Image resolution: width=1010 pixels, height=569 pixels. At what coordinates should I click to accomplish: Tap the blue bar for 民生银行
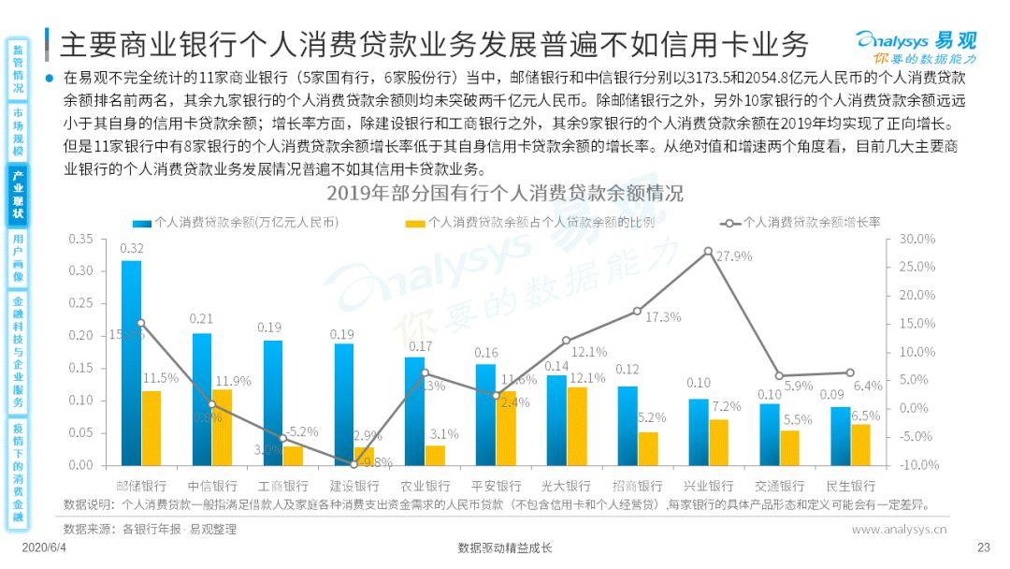pyautogui.click(x=841, y=436)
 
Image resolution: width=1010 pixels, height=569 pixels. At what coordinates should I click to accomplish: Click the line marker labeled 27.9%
pyautogui.click(x=708, y=251)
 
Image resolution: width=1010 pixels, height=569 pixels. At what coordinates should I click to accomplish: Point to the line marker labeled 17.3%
pyautogui.click(x=638, y=311)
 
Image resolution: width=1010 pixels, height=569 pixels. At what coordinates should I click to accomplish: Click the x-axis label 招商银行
pyautogui.click(x=638, y=487)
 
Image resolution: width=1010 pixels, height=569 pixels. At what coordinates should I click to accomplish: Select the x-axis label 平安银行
pyautogui.click(x=497, y=487)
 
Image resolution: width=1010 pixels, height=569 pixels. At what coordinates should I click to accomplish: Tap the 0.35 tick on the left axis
pyautogui.click(x=81, y=239)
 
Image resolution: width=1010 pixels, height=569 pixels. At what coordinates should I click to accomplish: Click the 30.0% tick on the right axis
pyautogui.click(x=917, y=239)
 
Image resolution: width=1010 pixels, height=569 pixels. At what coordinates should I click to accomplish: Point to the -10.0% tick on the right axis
pyautogui.click(x=917, y=465)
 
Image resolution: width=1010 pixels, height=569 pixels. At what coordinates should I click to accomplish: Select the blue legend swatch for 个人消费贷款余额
pyautogui.click(x=142, y=223)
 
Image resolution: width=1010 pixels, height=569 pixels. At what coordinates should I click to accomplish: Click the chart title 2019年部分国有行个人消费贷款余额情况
pyautogui.click(x=504, y=195)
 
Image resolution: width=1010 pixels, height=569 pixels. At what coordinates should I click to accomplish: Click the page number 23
pyautogui.click(x=982, y=547)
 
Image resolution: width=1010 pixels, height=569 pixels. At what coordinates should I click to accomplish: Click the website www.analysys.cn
pyautogui.click(x=899, y=529)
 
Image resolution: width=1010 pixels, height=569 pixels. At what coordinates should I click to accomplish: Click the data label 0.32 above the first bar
pyautogui.click(x=132, y=249)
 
